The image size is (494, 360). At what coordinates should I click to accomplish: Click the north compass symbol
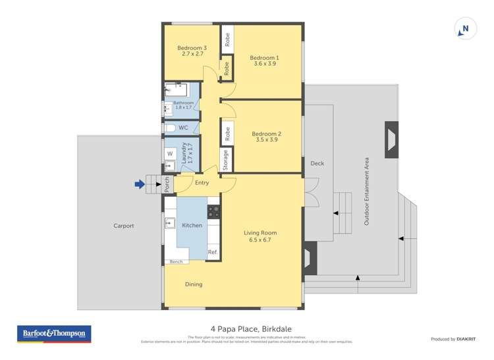click(x=465, y=29)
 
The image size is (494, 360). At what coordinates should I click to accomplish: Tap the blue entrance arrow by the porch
click(x=139, y=185)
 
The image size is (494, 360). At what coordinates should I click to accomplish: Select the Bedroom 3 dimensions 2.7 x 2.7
click(x=191, y=54)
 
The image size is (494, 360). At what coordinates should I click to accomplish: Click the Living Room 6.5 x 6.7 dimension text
click(x=260, y=240)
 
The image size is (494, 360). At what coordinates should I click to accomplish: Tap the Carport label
click(x=123, y=226)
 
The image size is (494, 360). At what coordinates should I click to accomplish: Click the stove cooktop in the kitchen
click(x=214, y=212)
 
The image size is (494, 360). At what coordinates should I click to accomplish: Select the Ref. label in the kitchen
click(x=213, y=252)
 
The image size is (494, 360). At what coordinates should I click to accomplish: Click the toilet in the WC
click(x=169, y=128)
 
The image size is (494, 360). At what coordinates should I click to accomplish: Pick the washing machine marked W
click(x=169, y=154)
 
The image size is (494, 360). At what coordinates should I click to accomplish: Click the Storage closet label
click(x=226, y=160)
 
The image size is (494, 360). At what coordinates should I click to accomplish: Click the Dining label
click(x=194, y=284)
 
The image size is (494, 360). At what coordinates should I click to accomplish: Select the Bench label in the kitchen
click(x=176, y=262)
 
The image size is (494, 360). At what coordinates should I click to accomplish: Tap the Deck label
click(x=317, y=164)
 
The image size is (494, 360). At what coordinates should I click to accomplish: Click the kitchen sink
click(x=169, y=222)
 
